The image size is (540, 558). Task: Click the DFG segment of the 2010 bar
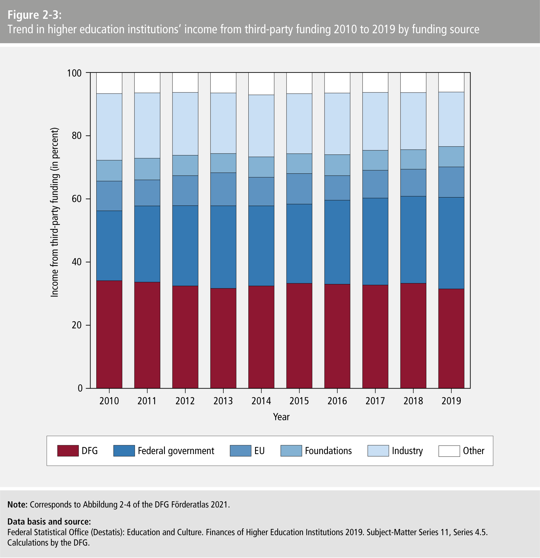(109, 334)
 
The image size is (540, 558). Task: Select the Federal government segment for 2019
(451, 243)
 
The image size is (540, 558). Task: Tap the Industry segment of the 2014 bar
(261, 126)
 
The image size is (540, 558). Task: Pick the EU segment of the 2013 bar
(223, 189)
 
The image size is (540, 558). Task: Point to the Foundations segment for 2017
(375, 160)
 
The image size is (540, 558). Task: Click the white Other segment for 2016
(337, 83)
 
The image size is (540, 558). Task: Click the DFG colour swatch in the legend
(68, 451)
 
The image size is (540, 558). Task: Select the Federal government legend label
(176, 451)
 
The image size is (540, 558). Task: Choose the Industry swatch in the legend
(378, 451)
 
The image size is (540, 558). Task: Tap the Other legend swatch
(449, 451)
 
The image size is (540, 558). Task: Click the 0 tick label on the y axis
(80, 388)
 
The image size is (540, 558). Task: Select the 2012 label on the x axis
(185, 401)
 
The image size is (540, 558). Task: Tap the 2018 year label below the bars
(413, 401)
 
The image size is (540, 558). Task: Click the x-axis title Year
(281, 417)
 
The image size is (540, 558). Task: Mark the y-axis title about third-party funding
(54, 212)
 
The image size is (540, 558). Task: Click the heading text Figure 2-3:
(34, 15)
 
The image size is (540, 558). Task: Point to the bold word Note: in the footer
(17, 504)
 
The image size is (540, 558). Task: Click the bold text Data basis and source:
(49, 521)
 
